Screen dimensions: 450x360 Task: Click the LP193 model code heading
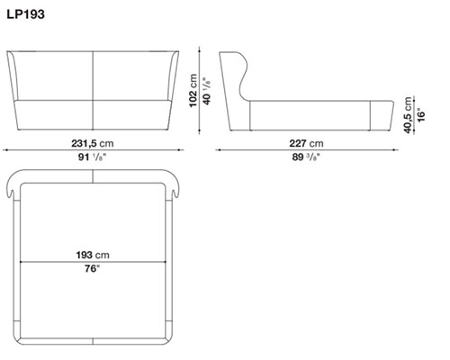pyautogui.click(x=26, y=14)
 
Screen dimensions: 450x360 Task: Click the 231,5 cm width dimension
pyautogui.click(x=93, y=143)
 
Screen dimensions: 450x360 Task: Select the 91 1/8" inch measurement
pyautogui.click(x=93, y=157)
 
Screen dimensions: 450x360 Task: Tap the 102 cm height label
pyautogui.click(x=193, y=90)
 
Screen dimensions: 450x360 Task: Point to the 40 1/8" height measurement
pyautogui.click(x=207, y=91)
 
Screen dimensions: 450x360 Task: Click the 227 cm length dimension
pyautogui.click(x=306, y=143)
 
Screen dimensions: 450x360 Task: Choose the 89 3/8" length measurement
pyautogui.click(x=306, y=157)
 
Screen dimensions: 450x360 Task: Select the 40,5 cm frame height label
pyautogui.click(x=408, y=115)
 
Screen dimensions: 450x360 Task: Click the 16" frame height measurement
pyautogui.click(x=421, y=114)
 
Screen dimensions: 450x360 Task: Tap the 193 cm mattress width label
pyautogui.click(x=93, y=255)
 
